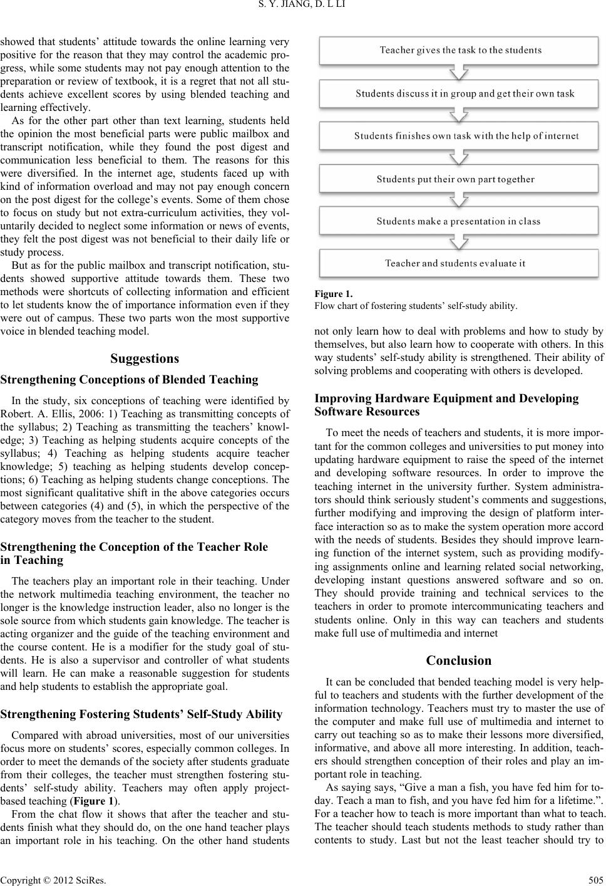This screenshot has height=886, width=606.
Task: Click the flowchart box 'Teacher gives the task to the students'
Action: pyautogui.click(x=460, y=50)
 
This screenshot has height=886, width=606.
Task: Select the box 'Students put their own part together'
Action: pyautogui.click(x=460, y=179)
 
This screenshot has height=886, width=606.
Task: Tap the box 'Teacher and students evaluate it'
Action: pyautogui.click(x=460, y=263)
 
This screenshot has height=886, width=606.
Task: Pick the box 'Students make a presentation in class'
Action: pyautogui.click(x=460, y=221)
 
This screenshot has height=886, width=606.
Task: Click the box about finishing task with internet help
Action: pyautogui.click(x=460, y=135)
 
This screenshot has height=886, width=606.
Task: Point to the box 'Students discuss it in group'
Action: pyautogui.click(x=460, y=93)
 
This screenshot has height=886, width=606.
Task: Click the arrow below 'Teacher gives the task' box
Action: pyautogui.click(x=460, y=73)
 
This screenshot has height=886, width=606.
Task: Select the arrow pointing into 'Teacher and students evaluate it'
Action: pyautogui.click(x=460, y=242)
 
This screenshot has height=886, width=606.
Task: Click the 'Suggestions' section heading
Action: pyautogui.click(x=145, y=359)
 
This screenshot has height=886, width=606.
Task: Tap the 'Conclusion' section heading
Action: pyautogui.click(x=458, y=660)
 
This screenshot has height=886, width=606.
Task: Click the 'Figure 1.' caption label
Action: pyautogui.click(x=333, y=293)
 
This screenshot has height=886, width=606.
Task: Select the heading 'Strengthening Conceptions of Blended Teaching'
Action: pyautogui.click(x=130, y=380)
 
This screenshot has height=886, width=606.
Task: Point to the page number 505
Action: pyautogui.click(x=596, y=878)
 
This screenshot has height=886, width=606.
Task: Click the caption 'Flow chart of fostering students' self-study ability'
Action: pyautogui.click(x=416, y=306)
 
